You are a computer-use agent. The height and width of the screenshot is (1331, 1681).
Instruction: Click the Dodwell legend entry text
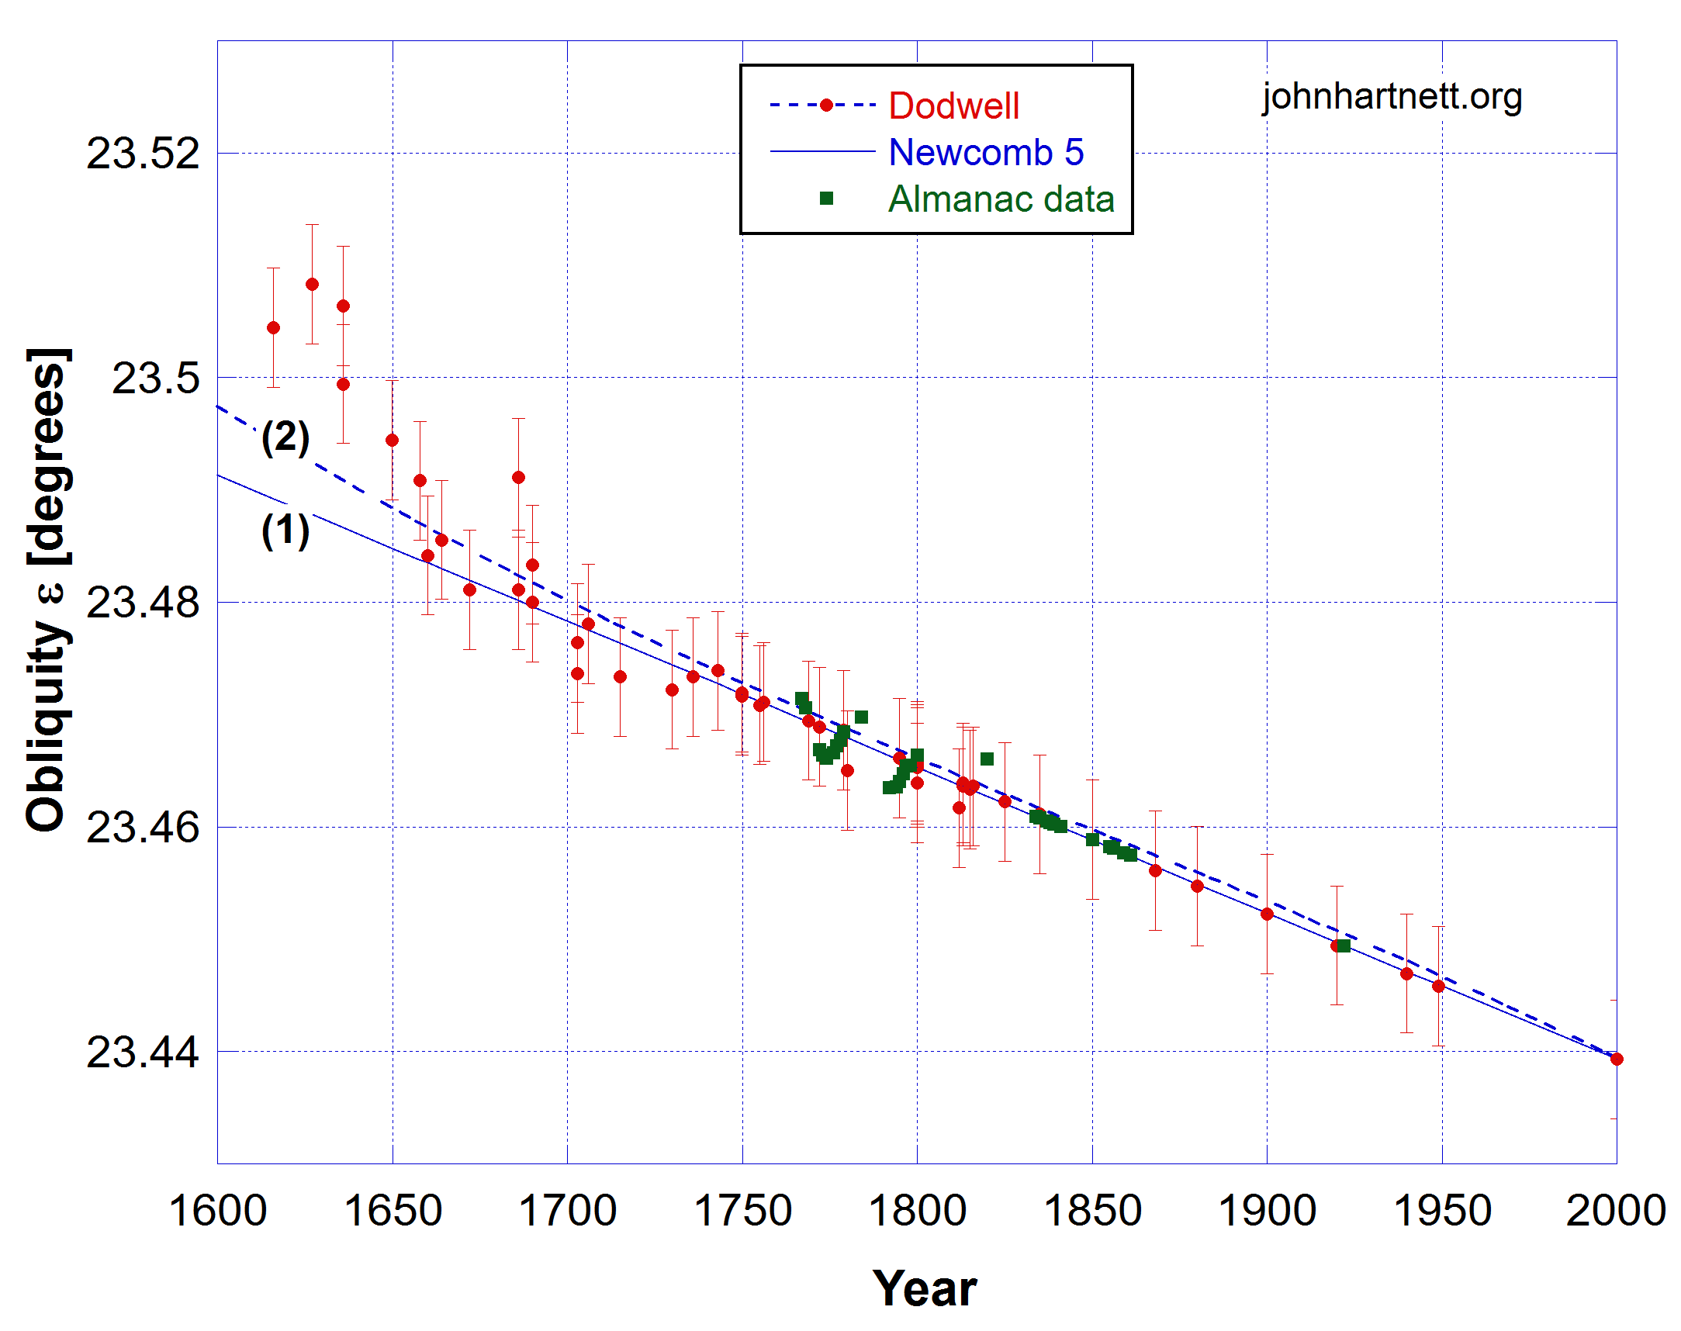click(x=953, y=106)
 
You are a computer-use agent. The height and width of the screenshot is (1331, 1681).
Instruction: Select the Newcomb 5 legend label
click(x=986, y=153)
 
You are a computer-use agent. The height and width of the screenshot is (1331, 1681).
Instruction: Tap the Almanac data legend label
click(x=1001, y=199)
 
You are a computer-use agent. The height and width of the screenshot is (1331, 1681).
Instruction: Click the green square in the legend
click(x=826, y=199)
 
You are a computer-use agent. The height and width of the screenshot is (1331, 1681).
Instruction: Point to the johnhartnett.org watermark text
click(x=1392, y=97)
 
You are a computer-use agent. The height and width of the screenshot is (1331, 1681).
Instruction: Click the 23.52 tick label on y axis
click(x=143, y=154)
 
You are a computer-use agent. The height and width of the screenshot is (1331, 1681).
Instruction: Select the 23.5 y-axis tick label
click(x=156, y=379)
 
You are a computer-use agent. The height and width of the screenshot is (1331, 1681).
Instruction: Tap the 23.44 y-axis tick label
click(x=143, y=1052)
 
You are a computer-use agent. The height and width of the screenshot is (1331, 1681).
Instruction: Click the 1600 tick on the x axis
click(x=217, y=1212)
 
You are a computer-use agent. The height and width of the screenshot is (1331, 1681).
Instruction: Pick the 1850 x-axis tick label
click(x=1091, y=1212)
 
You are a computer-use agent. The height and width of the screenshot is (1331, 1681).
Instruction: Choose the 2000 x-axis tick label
click(x=1616, y=1212)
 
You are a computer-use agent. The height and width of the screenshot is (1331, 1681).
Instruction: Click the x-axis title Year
click(x=924, y=1289)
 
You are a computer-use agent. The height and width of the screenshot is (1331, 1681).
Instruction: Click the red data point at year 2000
click(x=1617, y=1059)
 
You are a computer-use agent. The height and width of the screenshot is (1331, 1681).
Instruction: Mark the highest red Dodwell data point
click(x=312, y=285)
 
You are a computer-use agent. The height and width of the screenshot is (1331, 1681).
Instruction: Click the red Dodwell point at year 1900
click(x=1268, y=914)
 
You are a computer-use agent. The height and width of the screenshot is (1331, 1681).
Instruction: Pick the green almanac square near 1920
click(x=1344, y=946)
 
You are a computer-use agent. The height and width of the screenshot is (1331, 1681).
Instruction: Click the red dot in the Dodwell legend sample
click(x=826, y=105)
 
